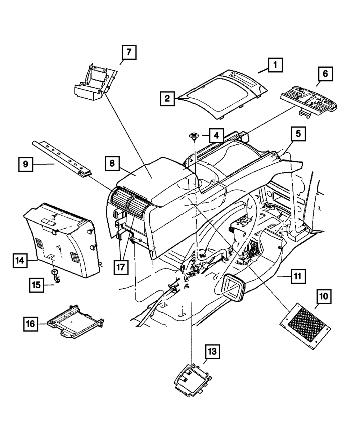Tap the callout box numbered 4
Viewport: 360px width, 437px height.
[216, 136]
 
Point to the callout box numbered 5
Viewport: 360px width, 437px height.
[298, 135]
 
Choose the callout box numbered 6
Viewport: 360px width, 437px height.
[325, 74]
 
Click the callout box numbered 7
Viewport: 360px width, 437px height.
[129, 53]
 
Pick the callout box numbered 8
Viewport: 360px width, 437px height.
[113, 163]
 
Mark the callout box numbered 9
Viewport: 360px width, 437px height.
[26, 164]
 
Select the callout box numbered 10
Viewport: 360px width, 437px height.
[324, 297]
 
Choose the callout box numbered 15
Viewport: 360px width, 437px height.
[37, 285]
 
